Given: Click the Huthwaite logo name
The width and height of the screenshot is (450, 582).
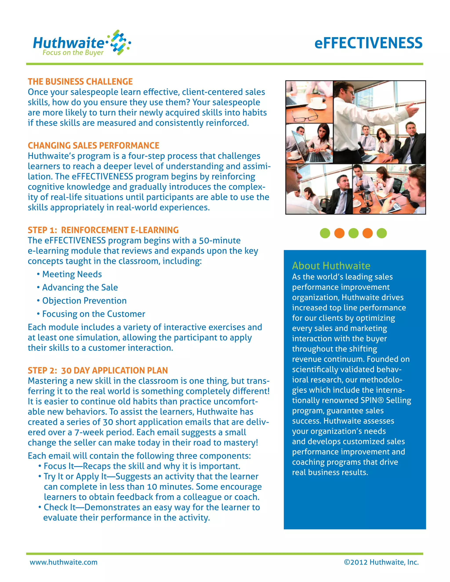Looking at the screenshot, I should coord(69,43).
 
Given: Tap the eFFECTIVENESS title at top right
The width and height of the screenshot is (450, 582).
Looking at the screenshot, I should coord(368,43).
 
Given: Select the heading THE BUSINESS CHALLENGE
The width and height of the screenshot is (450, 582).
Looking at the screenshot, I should coord(80,81).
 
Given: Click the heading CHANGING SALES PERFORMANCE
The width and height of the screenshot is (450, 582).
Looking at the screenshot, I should coord(93,145).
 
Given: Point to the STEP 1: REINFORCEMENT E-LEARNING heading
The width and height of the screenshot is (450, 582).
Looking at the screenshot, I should coord(103,230).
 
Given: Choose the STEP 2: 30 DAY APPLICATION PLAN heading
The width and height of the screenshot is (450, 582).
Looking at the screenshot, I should coord(98,371).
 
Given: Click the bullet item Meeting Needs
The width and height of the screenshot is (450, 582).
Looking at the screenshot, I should coord(72,274).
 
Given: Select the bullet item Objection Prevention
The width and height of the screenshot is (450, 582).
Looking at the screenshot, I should coord(84,301).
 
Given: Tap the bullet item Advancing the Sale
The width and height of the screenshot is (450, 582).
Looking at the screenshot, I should coord(80,287).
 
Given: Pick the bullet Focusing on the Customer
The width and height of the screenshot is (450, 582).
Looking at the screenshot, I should coord(94,314).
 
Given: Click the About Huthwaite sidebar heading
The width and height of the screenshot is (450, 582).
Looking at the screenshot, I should coord(331,266).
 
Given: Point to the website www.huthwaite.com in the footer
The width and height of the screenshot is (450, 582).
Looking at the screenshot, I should coord(64,562).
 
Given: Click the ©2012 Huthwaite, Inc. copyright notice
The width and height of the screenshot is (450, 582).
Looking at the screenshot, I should coord(381,562).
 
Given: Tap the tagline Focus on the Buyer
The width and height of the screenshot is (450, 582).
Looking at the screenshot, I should coord(73,52).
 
